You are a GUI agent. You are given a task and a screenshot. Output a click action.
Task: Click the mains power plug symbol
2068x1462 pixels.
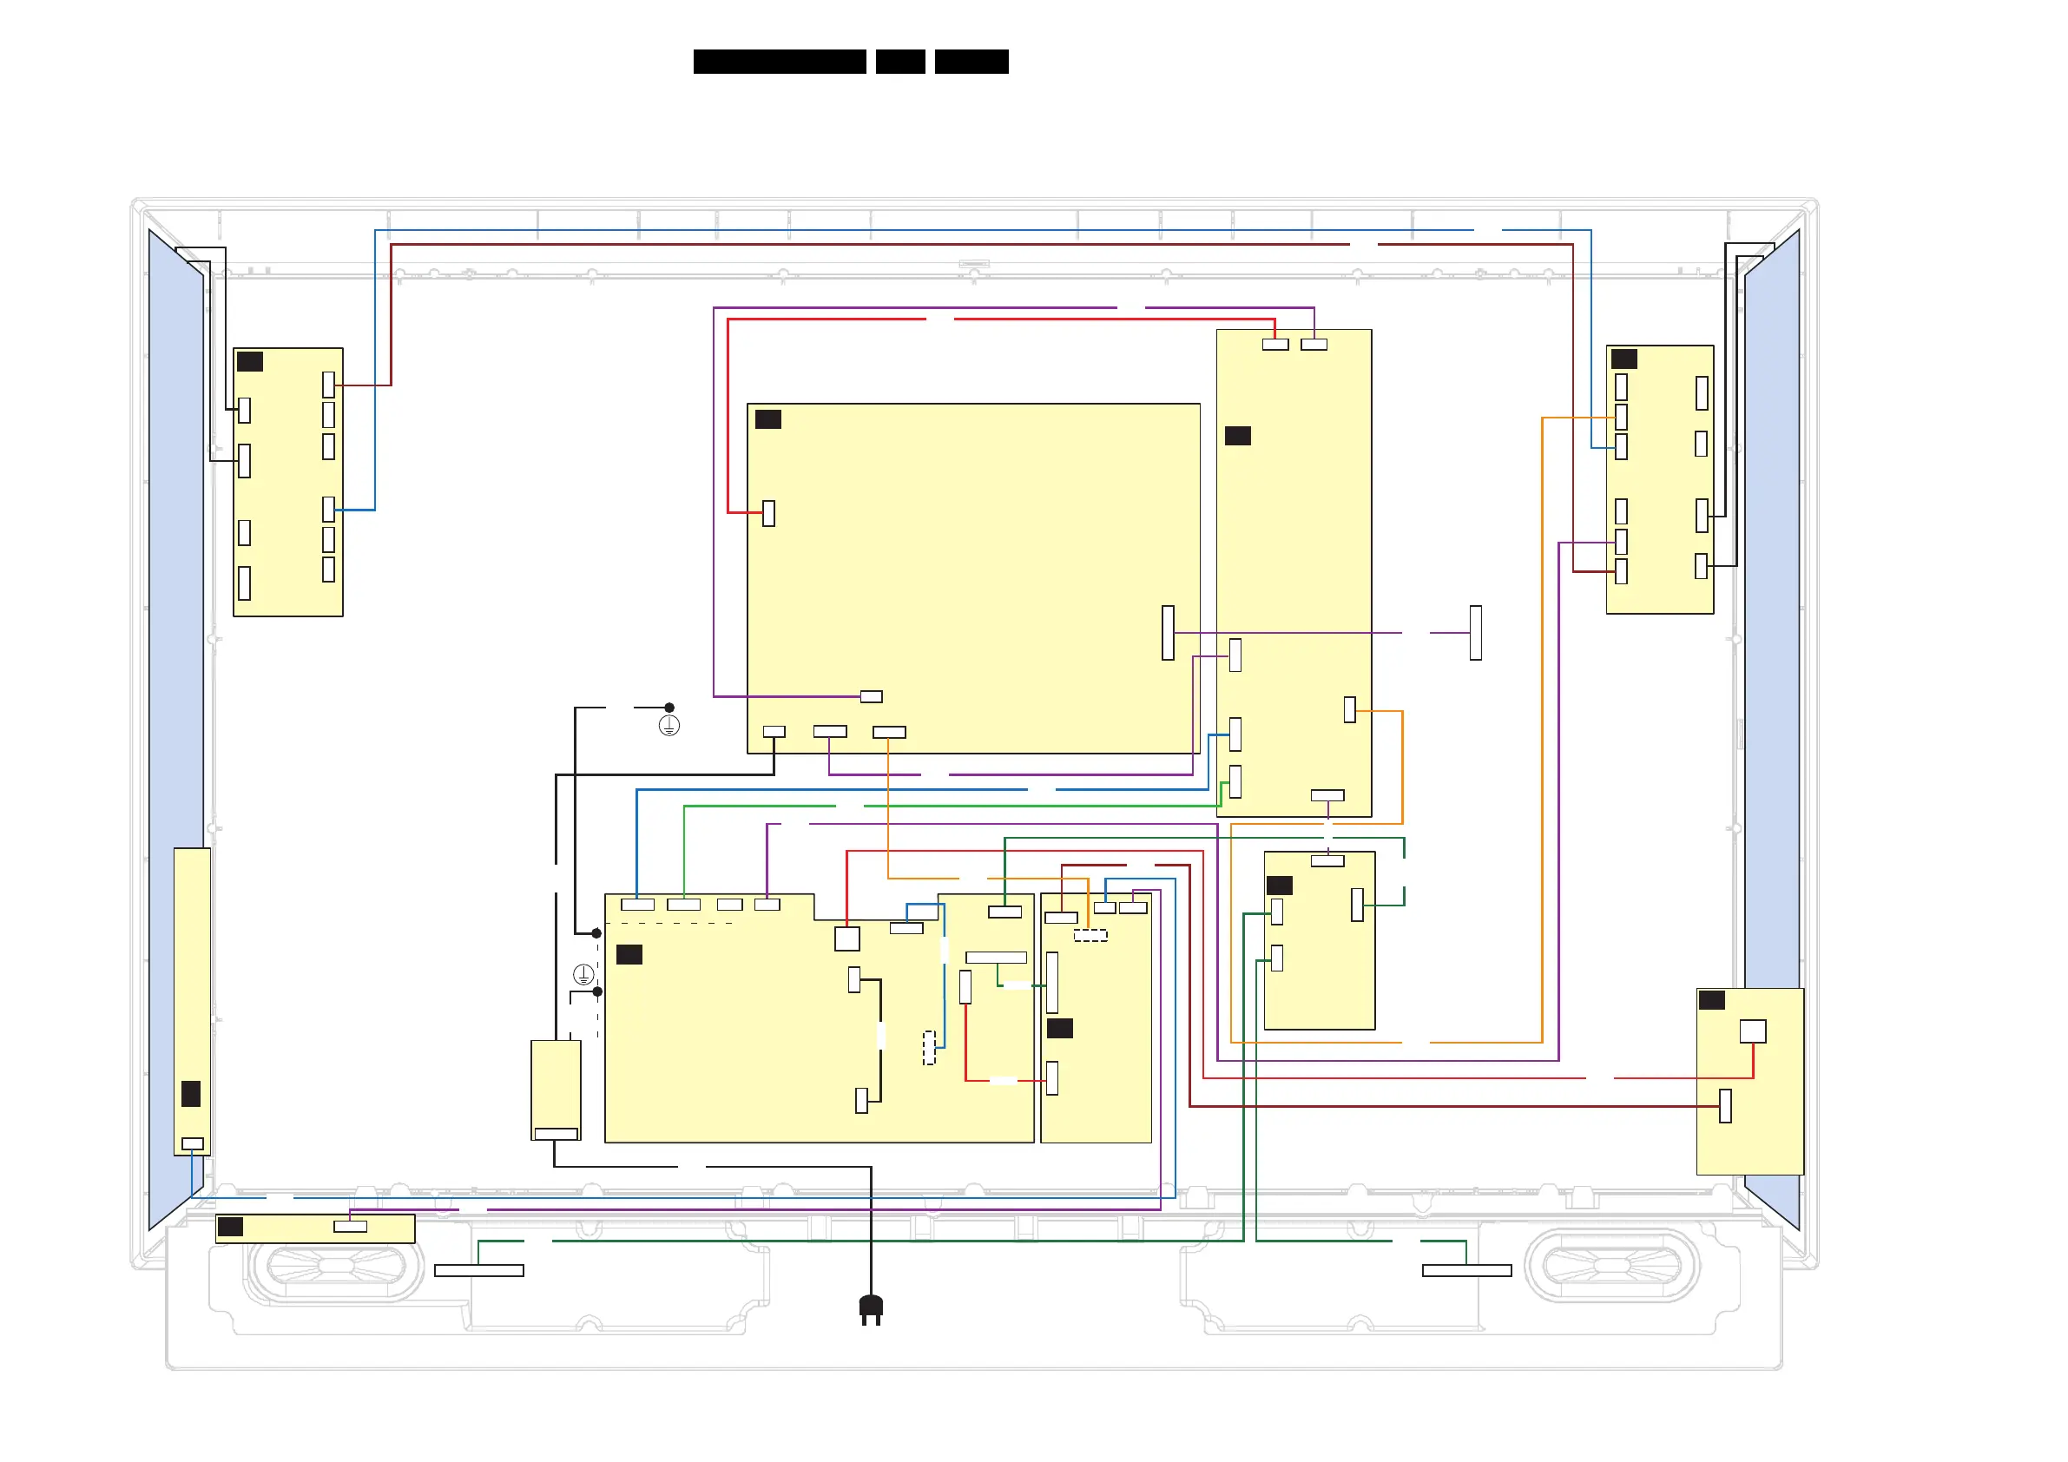(x=870, y=1309)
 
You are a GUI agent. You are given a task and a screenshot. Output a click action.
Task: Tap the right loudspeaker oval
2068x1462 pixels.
(x=1611, y=1265)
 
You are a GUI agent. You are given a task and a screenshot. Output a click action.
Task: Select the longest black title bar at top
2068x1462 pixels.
(x=779, y=62)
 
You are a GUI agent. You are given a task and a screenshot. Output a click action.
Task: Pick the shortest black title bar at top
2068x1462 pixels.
(x=899, y=62)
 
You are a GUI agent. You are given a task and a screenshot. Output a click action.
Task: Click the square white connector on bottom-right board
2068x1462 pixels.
(x=1752, y=1031)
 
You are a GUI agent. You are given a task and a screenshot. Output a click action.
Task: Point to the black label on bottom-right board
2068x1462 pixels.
(x=1711, y=1000)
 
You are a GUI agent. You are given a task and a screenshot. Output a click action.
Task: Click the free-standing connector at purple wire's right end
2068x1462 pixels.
(x=1475, y=632)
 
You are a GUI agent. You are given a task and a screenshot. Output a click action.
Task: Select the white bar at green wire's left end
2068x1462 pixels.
(x=478, y=1270)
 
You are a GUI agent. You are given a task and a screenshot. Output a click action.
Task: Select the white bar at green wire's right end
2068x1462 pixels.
(x=1466, y=1270)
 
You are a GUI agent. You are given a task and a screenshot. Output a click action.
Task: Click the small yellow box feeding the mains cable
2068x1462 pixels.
(x=556, y=1089)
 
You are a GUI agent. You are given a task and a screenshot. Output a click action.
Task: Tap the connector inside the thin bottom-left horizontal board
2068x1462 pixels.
(x=351, y=1226)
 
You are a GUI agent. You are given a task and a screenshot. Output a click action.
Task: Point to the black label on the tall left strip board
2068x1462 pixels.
(x=191, y=1094)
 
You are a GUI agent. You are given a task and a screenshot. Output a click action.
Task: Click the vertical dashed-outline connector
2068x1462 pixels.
(x=930, y=1048)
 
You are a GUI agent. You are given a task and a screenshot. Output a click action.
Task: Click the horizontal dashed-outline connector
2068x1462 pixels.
(x=1090, y=935)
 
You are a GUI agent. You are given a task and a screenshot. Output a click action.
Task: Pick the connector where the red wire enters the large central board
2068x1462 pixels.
(x=768, y=513)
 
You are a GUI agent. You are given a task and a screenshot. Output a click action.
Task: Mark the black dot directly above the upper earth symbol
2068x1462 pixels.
(x=669, y=708)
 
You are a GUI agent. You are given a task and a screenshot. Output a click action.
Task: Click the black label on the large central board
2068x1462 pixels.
(x=768, y=418)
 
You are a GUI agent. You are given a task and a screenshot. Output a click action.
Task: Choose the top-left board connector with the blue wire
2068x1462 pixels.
(x=329, y=509)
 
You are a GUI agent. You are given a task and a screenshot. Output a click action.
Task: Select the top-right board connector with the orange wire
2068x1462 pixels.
(x=1621, y=417)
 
